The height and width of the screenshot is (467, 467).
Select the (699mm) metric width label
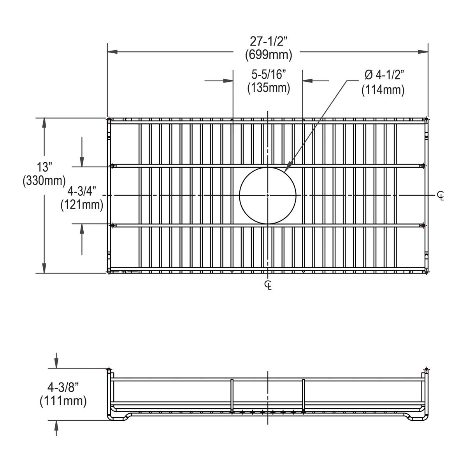[268, 55]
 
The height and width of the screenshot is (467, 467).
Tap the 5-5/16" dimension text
[269, 74]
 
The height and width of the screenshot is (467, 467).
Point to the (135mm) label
[269, 88]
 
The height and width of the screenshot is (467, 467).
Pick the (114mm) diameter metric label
[383, 90]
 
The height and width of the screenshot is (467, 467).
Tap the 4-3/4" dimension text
[82, 191]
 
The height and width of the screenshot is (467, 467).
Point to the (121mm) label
[82, 205]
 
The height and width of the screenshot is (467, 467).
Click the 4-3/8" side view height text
[63, 387]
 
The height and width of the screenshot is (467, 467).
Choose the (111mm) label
[63, 400]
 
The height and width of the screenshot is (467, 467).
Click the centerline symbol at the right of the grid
[440, 196]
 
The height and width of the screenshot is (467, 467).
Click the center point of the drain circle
[268, 195]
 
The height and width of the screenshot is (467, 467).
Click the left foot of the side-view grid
[117, 417]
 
